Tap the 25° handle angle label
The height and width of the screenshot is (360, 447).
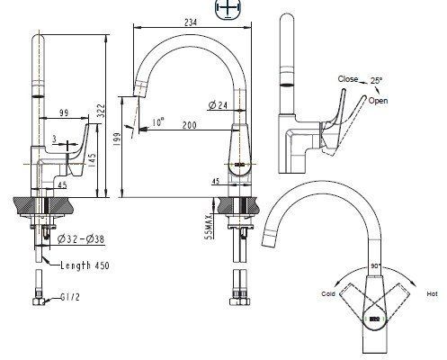[378, 80]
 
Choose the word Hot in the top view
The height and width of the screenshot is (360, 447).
[431, 293]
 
